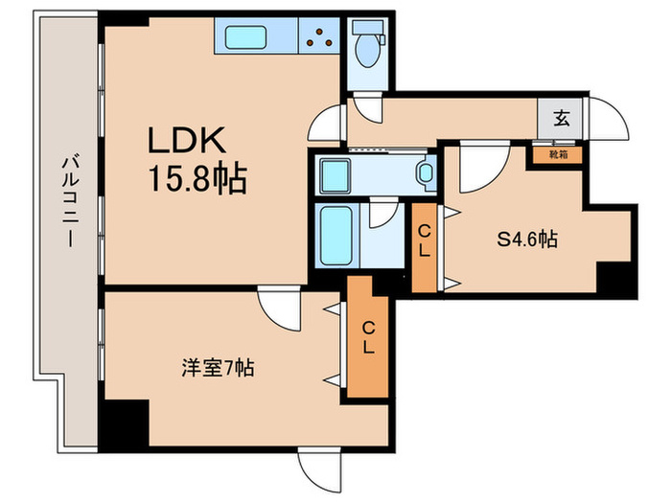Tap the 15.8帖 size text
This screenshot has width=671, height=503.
[x=197, y=178]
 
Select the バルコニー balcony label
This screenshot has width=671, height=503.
[x=69, y=202]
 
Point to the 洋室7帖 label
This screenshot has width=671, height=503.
[x=218, y=367]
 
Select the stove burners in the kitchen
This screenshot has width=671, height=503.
[x=319, y=38]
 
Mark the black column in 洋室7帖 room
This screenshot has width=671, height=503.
[x=125, y=421]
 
